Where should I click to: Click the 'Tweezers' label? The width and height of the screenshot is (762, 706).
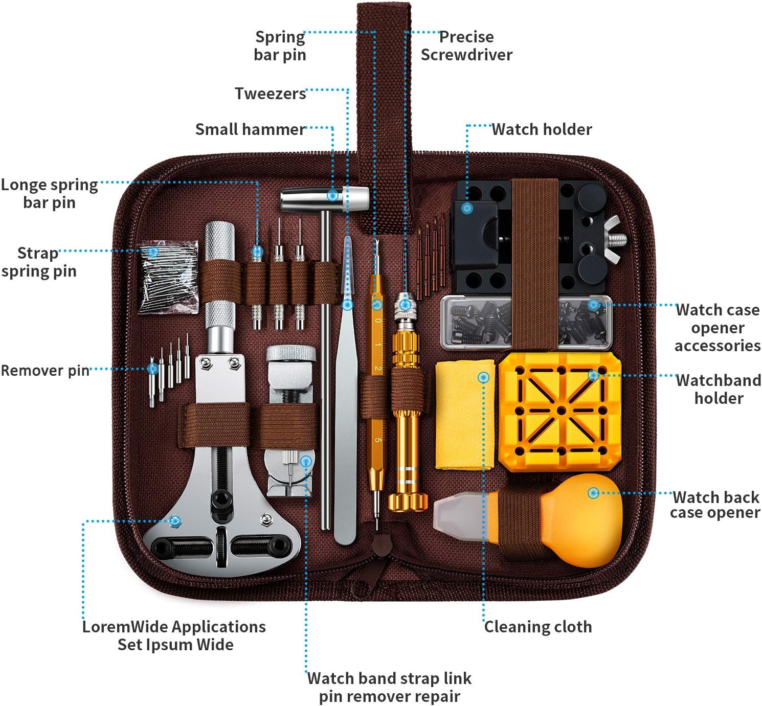click(x=271, y=94)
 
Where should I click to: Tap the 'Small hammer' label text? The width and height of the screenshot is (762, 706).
click(x=250, y=129)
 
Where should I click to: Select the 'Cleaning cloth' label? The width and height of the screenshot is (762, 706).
click(x=538, y=627)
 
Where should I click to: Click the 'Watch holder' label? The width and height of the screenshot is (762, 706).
click(x=542, y=129)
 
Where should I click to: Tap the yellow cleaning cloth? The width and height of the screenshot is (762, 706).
click(x=465, y=415)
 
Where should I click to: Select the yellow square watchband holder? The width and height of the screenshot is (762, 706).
click(x=559, y=412)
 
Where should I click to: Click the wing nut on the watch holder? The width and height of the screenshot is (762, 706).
click(x=613, y=240)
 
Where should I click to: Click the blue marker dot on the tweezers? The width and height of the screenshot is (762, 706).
click(x=348, y=305)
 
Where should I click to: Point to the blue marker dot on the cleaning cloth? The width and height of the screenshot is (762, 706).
click(x=483, y=378)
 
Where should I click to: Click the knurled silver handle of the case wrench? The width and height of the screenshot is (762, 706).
click(x=219, y=275)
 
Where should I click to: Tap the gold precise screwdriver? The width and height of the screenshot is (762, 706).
click(x=408, y=402)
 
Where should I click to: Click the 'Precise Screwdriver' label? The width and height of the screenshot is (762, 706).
click(x=466, y=45)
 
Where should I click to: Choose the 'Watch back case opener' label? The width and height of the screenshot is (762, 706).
click(x=715, y=505)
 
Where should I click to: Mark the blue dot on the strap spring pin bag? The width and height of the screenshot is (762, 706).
click(x=153, y=252)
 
